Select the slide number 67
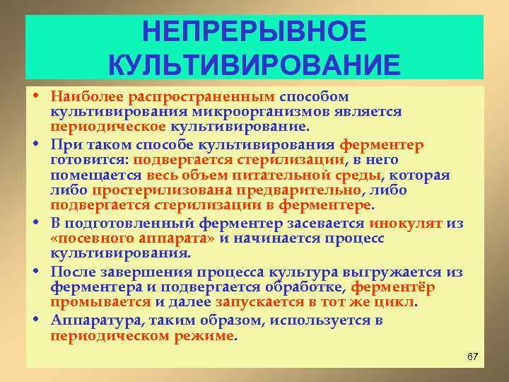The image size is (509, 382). tap(473, 356)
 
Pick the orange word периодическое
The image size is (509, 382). tap(107, 127)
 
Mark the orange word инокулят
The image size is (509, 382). tap(406, 223)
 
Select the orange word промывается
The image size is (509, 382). tap(100, 303)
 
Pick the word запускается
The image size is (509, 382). tap(255, 303)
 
